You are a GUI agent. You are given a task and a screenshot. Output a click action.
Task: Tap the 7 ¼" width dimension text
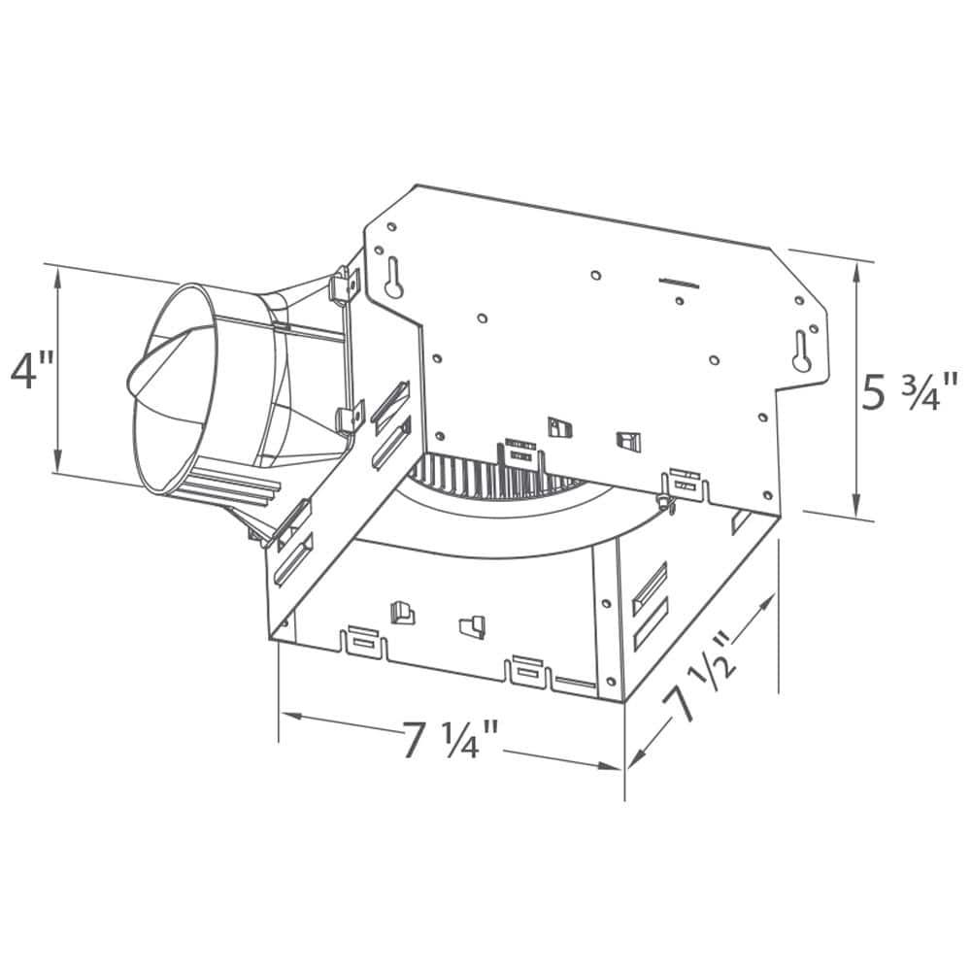pos(451,743)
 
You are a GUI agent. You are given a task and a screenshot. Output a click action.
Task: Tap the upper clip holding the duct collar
pos(344,284)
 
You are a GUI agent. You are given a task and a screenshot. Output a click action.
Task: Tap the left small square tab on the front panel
pos(397,611)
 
